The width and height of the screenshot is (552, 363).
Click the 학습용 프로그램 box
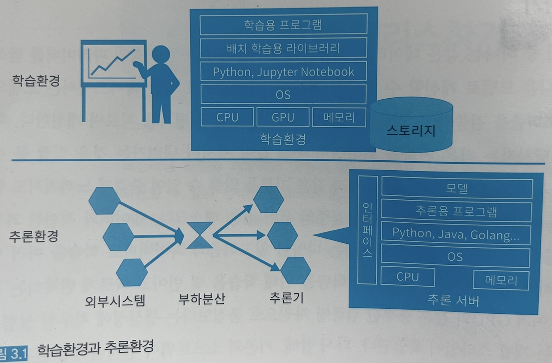click(283, 25)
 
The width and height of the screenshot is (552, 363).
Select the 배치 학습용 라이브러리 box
click(283, 48)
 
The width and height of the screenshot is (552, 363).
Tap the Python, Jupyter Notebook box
click(283, 71)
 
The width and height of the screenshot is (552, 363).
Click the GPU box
click(283, 117)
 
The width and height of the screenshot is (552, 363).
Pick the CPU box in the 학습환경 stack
click(227, 117)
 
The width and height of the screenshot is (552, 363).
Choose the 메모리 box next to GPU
click(339, 117)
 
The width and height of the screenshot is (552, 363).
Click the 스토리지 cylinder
click(411, 128)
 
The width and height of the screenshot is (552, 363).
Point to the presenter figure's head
click(161, 54)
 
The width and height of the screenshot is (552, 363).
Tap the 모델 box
click(457, 189)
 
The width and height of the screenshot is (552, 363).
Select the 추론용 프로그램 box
click(456, 211)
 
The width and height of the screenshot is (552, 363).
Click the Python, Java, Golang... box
click(456, 234)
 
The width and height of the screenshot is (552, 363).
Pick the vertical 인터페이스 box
click(367, 230)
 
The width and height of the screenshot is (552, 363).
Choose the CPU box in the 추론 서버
click(407, 277)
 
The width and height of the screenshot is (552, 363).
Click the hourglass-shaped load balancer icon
click(200, 235)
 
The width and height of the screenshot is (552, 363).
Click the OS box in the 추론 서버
click(455, 257)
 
